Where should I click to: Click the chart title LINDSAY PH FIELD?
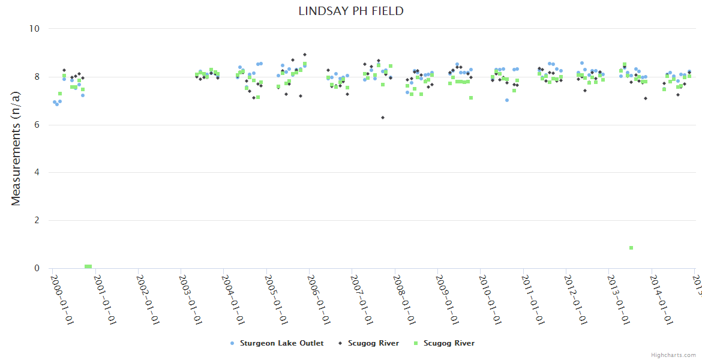tap(351, 11)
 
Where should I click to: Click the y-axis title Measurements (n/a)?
tap(16, 148)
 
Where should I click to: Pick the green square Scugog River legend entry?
tap(444, 343)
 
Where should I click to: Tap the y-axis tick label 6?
tap(37, 125)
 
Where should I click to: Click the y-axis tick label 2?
tap(37, 220)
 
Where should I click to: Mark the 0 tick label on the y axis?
tap(37, 268)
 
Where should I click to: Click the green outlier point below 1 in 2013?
tap(631, 248)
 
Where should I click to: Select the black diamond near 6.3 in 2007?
tap(383, 118)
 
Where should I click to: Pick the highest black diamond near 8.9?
tap(305, 55)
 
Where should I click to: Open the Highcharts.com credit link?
tap(673, 355)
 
